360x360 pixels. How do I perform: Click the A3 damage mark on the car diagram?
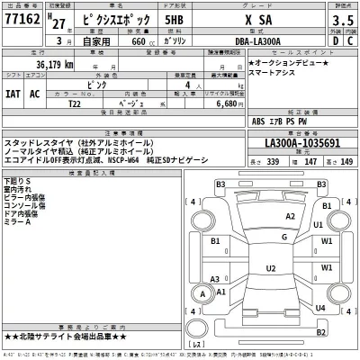[x=212, y=279]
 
